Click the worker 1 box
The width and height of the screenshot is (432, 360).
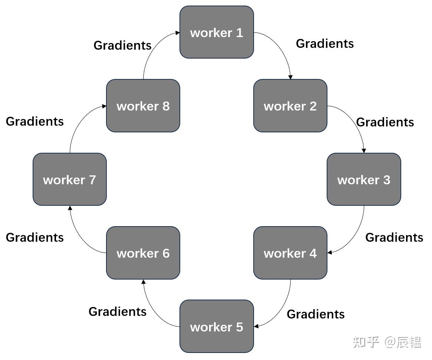tap(217, 32)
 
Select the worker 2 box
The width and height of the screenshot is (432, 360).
tap(290, 106)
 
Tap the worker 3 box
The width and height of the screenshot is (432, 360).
tap(363, 179)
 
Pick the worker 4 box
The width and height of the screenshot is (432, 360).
tap(290, 253)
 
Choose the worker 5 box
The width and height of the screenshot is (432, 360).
tap(217, 326)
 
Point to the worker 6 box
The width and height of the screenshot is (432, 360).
tap(143, 253)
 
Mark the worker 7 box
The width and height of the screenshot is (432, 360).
tap(70, 179)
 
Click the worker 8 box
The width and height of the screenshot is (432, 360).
tap(143, 106)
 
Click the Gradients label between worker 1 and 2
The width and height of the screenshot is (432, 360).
tap(324, 44)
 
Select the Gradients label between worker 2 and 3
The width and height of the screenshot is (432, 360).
tap(385, 122)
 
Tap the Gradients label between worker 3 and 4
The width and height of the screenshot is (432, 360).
tap(394, 237)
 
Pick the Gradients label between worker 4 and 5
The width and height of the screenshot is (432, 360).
tap(316, 314)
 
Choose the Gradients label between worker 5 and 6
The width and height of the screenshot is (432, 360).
tap(117, 311)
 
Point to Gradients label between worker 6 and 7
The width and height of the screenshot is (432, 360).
tap(34, 237)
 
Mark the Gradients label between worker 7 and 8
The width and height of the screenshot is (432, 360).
tap(34, 121)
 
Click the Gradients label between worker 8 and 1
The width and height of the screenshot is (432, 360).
tap(122, 45)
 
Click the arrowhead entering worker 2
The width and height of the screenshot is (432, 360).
tap(290, 77)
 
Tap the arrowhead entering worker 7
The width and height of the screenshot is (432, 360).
tap(70, 208)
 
